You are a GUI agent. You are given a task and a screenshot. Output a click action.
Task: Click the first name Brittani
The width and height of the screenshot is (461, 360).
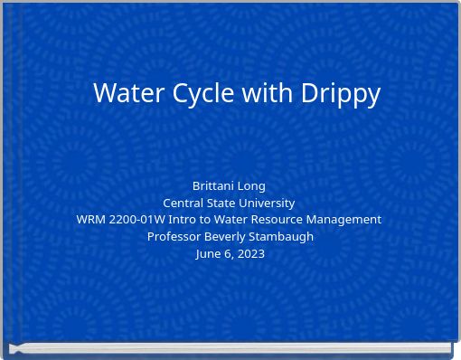214,185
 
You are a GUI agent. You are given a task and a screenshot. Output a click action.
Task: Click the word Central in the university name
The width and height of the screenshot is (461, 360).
183,203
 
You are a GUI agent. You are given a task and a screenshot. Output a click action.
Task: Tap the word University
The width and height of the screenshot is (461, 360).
267,203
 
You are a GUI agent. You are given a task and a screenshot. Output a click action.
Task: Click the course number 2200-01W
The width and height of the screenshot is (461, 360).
137,220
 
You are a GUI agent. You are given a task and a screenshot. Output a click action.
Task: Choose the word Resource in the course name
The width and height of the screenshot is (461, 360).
280,220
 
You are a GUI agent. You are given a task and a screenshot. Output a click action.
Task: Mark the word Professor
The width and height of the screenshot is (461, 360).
174,237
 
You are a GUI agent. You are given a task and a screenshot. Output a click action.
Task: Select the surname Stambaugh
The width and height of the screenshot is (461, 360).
282,237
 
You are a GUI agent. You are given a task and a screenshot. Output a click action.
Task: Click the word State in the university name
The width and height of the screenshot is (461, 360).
221,203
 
